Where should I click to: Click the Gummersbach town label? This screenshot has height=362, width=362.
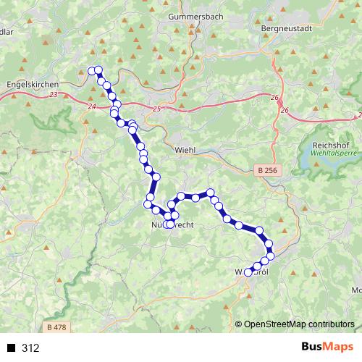(193, 15)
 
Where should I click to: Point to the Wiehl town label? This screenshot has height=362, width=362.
(186, 150)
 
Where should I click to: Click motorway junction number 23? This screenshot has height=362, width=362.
(55, 95)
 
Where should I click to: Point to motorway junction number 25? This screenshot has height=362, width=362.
(157, 109)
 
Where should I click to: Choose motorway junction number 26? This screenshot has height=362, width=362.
(284, 110)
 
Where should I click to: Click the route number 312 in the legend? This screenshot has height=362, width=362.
(30, 348)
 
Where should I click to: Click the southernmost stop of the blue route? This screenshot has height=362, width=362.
(248, 273)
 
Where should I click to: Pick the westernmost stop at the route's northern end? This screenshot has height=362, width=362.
(92, 70)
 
